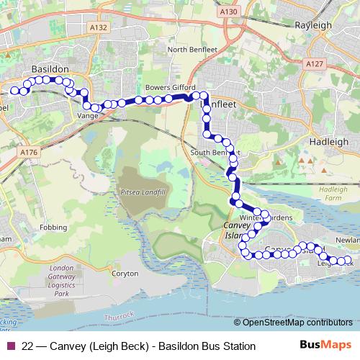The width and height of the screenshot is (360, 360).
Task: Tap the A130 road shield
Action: [x=229, y=12]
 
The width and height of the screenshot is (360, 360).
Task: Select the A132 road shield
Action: [x=99, y=27]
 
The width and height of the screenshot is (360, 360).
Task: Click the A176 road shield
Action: [x=29, y=153]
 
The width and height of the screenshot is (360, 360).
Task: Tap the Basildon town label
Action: [x=50, y=68]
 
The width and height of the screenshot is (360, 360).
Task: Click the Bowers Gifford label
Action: [x=166, y=88]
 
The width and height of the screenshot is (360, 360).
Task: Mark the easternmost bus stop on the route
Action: [x=349, y=260]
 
